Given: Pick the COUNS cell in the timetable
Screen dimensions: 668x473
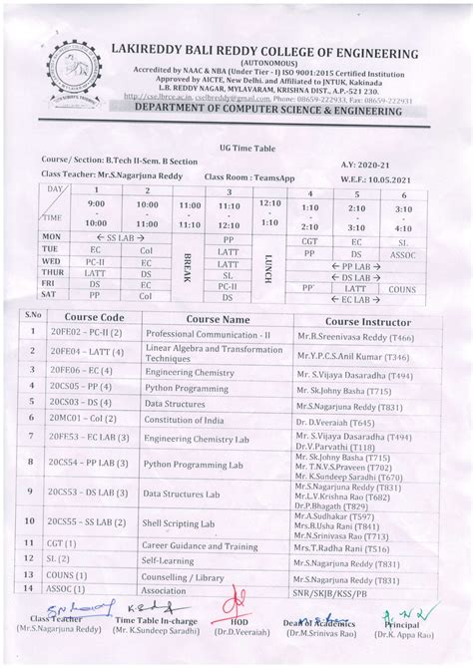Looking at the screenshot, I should [402, 288].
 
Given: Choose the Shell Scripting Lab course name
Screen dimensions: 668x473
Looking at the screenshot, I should [179, 522].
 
